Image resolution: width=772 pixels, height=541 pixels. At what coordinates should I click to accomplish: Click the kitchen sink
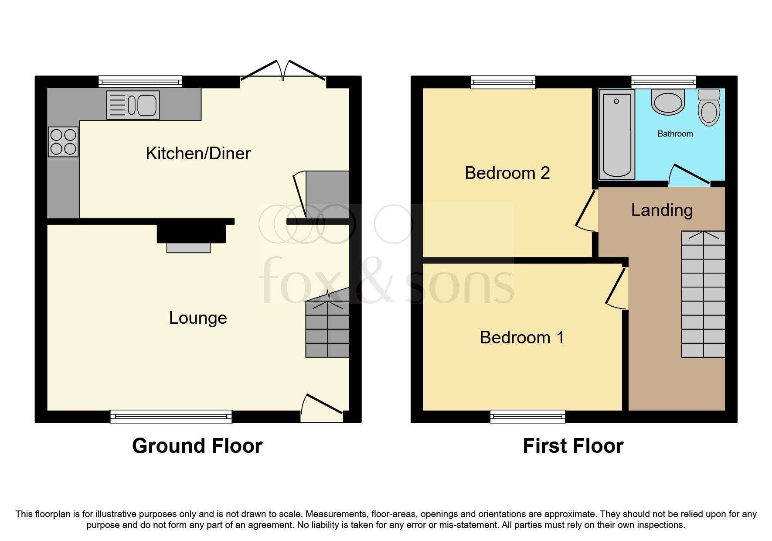133,105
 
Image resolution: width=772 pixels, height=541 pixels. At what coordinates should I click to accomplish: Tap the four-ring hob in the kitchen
63,142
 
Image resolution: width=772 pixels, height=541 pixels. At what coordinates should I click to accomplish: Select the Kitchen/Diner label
198,154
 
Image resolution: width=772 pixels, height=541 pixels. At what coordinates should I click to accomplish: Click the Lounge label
198,318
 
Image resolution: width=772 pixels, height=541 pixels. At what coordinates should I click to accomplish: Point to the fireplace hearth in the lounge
188,248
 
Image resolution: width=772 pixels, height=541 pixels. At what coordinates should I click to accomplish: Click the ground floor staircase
327,327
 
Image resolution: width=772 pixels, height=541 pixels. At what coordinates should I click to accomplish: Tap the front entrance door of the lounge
323,406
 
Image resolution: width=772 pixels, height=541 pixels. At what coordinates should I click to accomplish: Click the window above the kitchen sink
140,82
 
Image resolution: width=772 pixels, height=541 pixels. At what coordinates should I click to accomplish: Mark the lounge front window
171,416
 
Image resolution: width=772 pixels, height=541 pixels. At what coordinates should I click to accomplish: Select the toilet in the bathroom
709,107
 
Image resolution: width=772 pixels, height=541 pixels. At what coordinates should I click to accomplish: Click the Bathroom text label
675,134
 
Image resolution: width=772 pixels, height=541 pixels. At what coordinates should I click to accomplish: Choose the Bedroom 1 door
617,288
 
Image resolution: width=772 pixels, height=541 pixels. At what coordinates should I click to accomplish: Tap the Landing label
662,210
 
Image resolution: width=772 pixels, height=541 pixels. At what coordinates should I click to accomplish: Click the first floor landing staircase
703,294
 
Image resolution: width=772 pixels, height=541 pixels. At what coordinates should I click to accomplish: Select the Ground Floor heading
197,446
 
